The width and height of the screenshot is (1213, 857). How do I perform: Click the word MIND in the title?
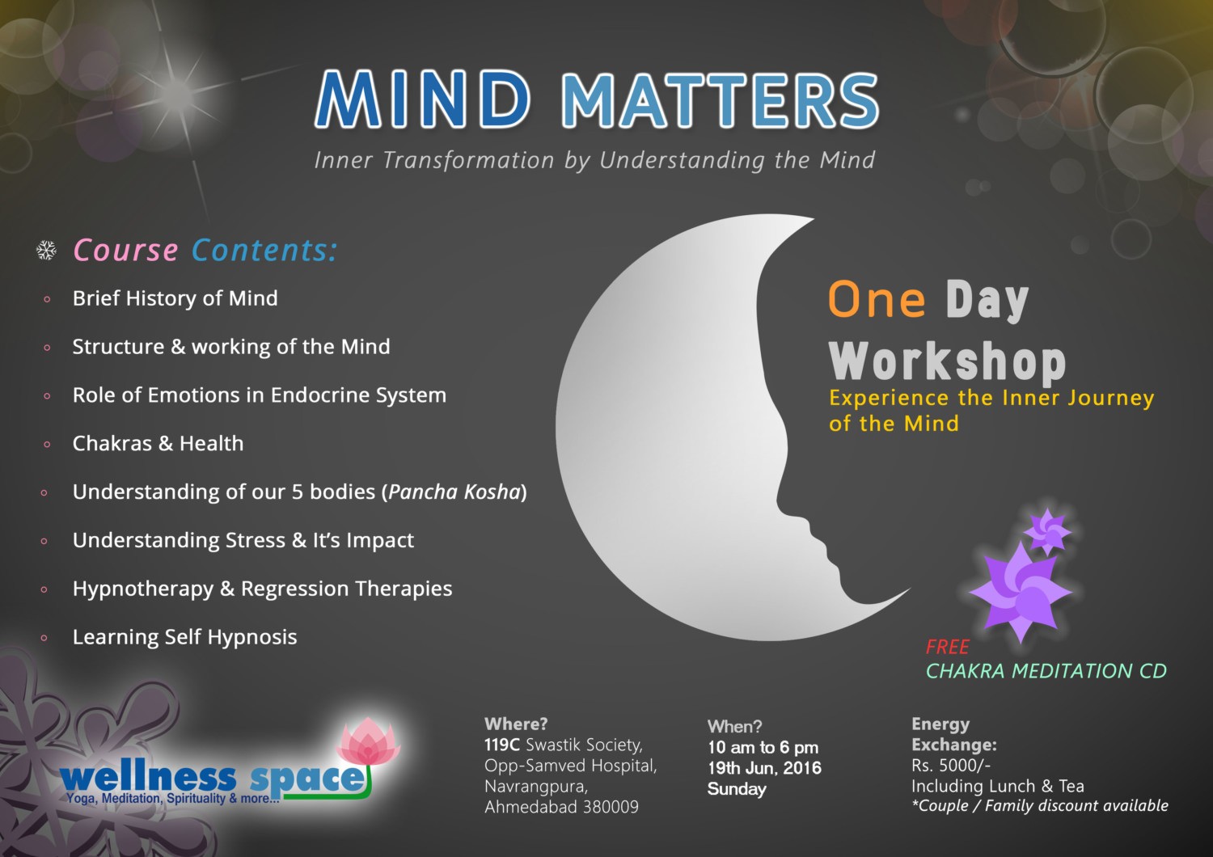422,99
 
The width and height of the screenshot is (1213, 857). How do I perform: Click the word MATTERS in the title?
720,101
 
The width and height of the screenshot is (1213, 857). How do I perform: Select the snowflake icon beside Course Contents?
47,251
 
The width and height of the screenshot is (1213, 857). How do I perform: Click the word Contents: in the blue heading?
264,251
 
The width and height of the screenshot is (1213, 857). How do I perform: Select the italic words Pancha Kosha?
454,492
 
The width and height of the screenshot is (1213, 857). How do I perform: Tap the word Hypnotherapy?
142,589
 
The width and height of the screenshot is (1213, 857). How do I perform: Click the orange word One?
877,300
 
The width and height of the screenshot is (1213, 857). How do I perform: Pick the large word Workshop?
947,361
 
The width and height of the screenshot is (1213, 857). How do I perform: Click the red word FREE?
947,647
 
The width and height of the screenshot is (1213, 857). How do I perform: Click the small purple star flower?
1047,530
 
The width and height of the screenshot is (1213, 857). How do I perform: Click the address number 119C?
501,745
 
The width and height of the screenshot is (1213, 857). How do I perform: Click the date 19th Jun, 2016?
764,768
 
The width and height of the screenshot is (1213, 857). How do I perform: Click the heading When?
734,726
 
